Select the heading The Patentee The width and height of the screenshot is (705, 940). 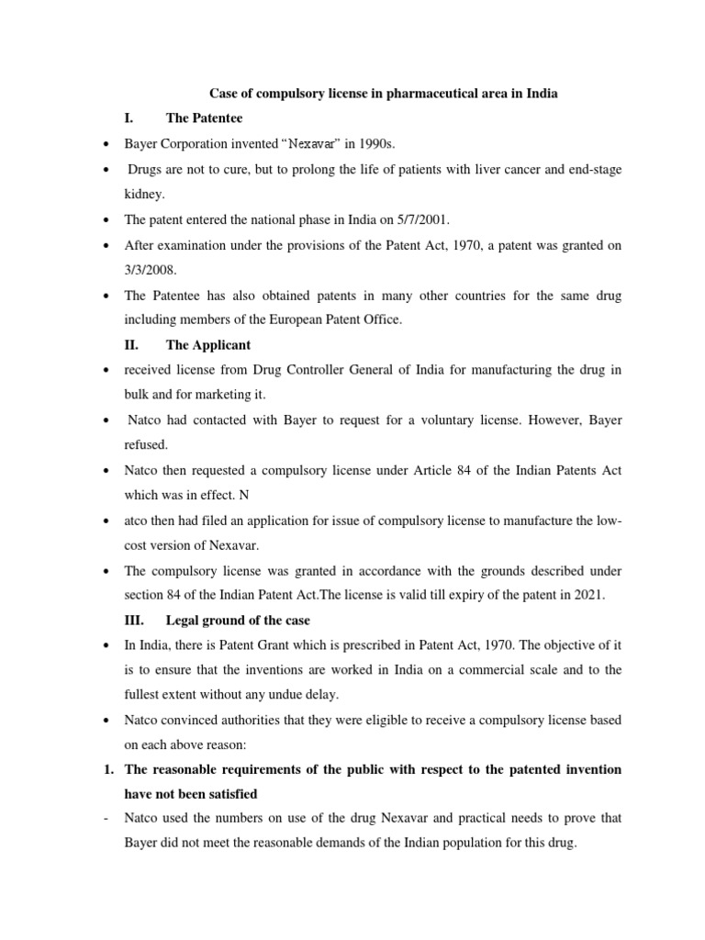coord(205,118)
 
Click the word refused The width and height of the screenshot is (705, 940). coord(147,445)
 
